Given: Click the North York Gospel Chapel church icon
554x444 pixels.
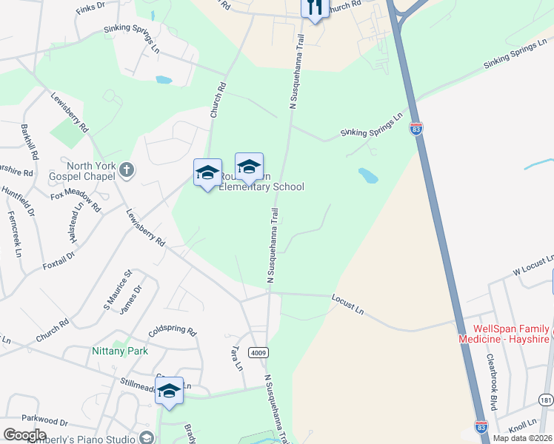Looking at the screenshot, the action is (x=127, y=170).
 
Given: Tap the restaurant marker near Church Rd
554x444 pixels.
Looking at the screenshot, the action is (x=314, y=7).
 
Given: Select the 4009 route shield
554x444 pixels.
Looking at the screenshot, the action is (x=258, y=352).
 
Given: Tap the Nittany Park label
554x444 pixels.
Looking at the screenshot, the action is (x=120, y=351).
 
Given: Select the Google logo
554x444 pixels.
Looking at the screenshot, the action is (x=24, y=435).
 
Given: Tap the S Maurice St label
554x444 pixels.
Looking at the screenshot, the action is (x=117, y=290).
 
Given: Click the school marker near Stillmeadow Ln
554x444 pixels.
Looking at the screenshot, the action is (x=169, y=391).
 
